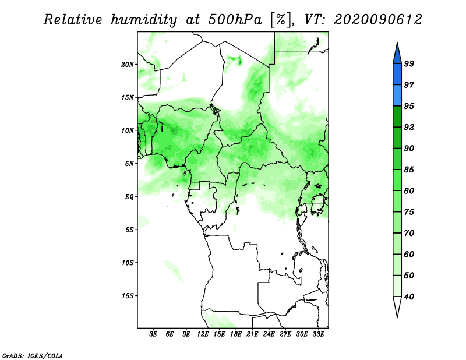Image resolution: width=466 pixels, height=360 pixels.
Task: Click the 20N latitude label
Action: pyautogui.click(x=128, y=65)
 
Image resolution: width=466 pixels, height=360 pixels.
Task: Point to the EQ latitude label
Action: pyautogui.click(x=129, y=197)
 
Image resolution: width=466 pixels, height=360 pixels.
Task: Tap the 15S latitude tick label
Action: pyautogui.click(x=128, y=296)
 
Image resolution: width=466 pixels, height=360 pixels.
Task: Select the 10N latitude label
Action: pyautogui.click(x=128, y=130)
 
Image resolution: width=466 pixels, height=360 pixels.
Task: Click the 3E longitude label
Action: pyautogui.click(x=153, y=334)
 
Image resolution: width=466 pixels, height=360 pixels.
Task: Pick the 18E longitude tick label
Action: pyautogui.click(x=236, y=334)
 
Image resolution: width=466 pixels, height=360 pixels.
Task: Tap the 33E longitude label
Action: pyautogui.click(x=318, y=334)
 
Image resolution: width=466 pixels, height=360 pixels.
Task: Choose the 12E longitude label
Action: pyautogui.click(x=203, y=334)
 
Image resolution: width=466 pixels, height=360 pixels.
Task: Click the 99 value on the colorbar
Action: pyautogui.click(x=409, y=63)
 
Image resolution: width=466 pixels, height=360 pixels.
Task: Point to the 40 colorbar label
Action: pyautogui.click(x=409, y=297)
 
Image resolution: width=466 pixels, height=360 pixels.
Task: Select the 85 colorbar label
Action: pyautogui.click(x=409, y=170)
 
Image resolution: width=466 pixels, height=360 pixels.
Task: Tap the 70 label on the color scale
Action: pyautogui.click(x=409, y=233)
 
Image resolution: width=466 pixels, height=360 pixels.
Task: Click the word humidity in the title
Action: pyautogui.click(x=143, y=20)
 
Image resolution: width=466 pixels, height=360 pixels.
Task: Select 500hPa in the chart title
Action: pyautogui.click(x=235, y=20)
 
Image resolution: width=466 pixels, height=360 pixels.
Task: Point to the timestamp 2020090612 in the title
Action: pyautogui.click(x=377, y=20)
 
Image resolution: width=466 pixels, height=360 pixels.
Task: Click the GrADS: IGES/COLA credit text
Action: pyautogui.click(x=33, y=356)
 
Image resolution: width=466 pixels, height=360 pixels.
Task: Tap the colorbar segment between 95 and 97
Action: pyautogui.click(x=397, y=96)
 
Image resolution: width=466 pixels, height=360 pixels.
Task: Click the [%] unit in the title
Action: pyautogui.click(x=280, y=20)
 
